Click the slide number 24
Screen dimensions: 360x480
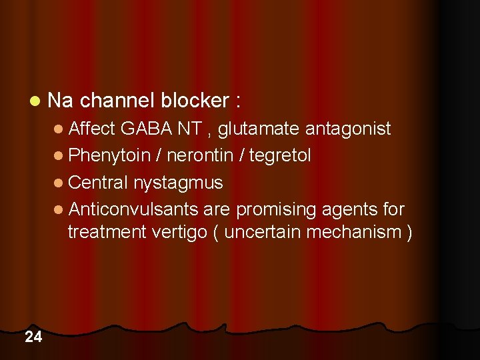coord(33,337)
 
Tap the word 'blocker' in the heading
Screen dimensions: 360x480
coord(195,101)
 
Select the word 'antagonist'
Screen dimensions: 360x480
coord(348,129)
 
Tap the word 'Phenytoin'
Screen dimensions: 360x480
coord(109,155)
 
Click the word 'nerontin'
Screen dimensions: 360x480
coord(200,155)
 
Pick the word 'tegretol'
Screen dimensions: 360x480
coord(281,155)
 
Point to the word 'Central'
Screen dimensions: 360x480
coord(98,182)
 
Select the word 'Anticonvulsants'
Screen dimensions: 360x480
coord(133,209)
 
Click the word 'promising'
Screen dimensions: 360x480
coord(276,210)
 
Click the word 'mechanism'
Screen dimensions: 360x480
coord(359,233)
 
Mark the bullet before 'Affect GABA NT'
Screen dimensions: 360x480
coord(59,129)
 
